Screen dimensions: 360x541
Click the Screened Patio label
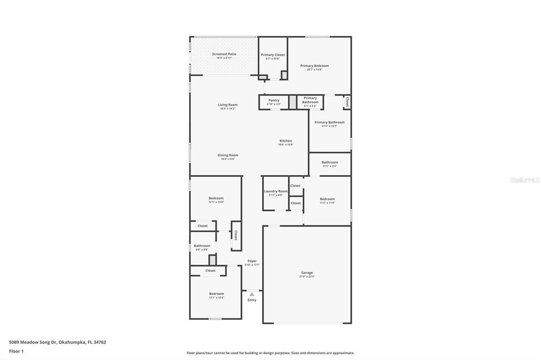point(224,54)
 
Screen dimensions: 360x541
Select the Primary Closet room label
point(273,55)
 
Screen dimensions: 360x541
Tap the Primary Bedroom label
point(314,67)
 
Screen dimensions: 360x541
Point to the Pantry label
point(274,101)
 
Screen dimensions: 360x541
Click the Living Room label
point(228,106)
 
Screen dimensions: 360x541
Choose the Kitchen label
point(286,141)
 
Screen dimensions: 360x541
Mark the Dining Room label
point(228,156)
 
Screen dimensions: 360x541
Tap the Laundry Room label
point(276,192)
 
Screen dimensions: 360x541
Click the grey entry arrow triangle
point(252,294)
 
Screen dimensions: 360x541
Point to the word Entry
point(252,300)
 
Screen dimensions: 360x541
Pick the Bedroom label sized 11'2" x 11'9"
point(327,200)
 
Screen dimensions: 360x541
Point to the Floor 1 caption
point(16,351)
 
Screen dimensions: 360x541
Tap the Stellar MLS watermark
point(525,180)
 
